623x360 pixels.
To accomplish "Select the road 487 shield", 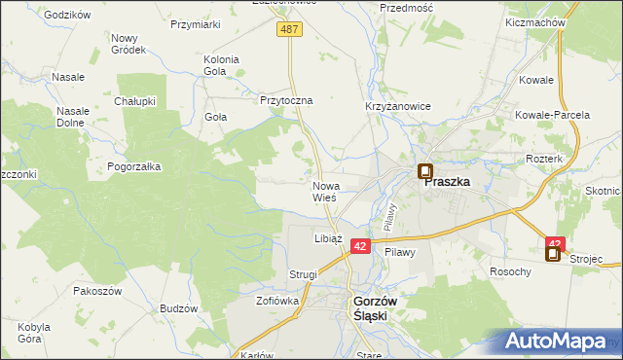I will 290,30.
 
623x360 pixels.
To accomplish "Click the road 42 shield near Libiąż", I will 360,247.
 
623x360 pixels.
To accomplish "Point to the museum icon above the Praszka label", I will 425,172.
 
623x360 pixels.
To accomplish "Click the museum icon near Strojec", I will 553,255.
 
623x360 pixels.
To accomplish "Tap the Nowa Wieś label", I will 325,191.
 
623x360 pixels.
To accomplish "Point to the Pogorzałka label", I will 134,166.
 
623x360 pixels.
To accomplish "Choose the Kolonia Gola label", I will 221,65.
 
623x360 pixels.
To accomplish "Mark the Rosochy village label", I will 511,271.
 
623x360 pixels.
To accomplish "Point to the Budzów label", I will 178,308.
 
